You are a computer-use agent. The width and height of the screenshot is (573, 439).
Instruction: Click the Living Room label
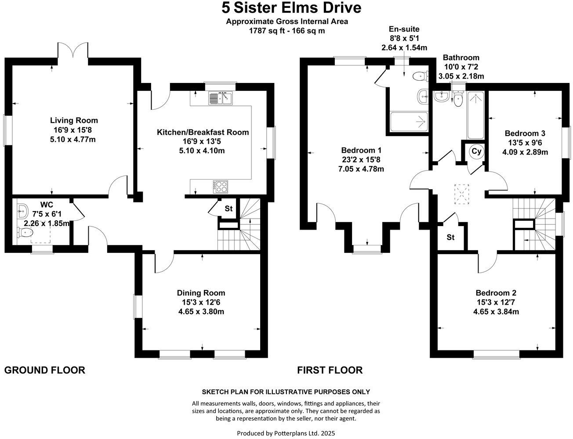click(74, 120)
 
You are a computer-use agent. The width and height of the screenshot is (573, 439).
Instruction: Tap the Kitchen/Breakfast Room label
click(203, 132)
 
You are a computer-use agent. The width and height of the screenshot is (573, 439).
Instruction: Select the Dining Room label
click(201, 293)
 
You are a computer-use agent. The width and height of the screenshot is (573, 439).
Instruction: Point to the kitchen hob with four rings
click(221, 187)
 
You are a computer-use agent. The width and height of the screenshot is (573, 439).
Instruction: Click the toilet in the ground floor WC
click(25, 233)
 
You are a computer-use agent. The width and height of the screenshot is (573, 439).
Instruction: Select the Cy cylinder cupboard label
click(476, 151)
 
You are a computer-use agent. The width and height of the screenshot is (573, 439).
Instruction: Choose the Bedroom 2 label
click(496, 293)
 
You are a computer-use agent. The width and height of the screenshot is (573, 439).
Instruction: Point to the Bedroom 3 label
click(525, 133)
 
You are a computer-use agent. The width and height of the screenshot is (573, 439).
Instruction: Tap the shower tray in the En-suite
click(409, 121)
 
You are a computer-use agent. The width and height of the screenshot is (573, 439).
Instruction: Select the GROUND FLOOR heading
click(44, 370)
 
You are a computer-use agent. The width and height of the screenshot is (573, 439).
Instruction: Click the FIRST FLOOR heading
click(330, 370)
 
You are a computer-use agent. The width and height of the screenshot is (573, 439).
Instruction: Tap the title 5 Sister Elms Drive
click(291, 7)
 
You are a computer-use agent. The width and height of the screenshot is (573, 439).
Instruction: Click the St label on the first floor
click(450, 237)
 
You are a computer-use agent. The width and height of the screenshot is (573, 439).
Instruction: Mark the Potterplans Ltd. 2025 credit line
click(286, 433)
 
